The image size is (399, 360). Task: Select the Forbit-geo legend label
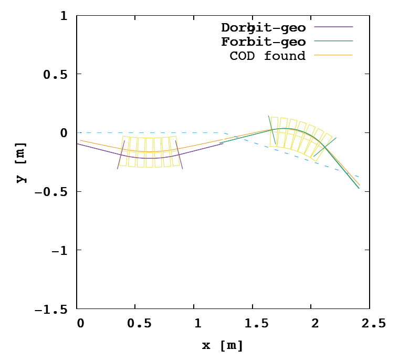click(263, 42)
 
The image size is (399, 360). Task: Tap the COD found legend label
click(267, 56)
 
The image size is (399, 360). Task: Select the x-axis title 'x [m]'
click(223, 345)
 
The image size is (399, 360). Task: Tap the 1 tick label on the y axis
click(64, 16)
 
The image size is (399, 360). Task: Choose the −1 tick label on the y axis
click(60, 250)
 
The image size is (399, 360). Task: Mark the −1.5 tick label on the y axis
click(51, 309)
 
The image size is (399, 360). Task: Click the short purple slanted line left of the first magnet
click(121, 155)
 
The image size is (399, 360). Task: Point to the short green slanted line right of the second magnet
click(324, 147)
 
